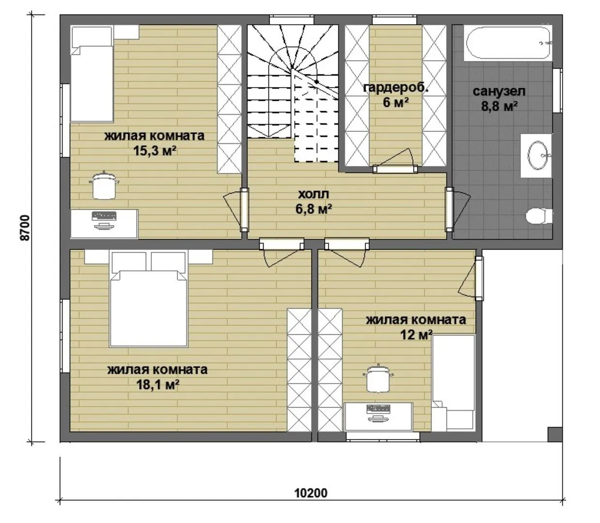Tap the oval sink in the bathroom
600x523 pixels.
538,155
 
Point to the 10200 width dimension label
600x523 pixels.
311,493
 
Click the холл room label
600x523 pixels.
314,194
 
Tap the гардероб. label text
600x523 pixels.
395,88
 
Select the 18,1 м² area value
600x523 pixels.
158,385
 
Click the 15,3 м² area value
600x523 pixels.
155,151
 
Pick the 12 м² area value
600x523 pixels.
416,335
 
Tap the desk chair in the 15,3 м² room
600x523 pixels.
104,185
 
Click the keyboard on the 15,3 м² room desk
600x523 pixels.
104,216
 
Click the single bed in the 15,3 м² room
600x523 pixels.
92,74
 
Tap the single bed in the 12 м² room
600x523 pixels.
453,383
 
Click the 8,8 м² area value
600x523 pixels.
499,107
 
